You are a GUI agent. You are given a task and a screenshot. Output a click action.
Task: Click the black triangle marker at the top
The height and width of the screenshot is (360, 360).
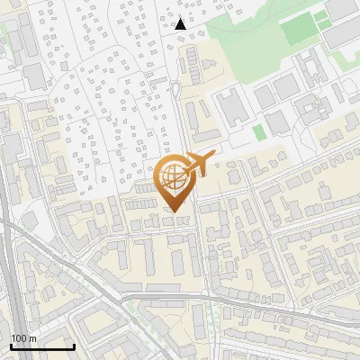coord(181,24)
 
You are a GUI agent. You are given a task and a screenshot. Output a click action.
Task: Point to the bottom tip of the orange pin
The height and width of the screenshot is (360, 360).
coord(173,211)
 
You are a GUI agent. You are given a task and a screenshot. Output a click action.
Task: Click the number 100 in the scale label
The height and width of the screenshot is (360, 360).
coord(18,338)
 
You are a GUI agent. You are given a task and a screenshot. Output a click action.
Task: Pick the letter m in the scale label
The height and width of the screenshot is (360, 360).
coord(31,338)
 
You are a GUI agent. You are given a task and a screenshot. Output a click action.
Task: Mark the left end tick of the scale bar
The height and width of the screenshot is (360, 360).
coord(11,346)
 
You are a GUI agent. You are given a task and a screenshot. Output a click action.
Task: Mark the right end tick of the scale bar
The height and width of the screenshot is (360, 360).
coord(74,346)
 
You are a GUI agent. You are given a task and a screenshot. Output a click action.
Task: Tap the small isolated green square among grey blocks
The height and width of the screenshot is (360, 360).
coord(259,132)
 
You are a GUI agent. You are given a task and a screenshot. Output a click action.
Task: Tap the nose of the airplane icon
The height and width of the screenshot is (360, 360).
coord(214,157)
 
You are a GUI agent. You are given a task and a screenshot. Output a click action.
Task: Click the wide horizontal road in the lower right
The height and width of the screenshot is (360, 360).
coord(288,310)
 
